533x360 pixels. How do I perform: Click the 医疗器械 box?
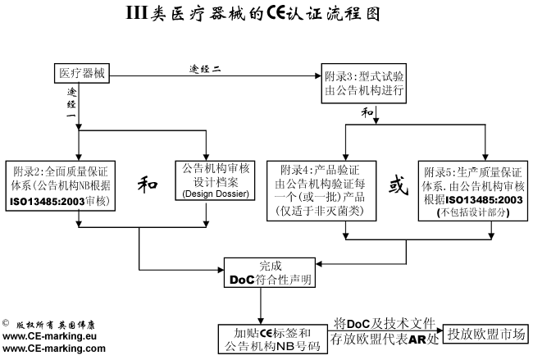click(83, 73)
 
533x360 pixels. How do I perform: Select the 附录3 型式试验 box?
click(364, 83)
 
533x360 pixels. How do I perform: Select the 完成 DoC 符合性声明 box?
click(270, 274)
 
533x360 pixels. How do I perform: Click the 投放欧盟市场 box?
click(484, 335)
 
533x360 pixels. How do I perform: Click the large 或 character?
click(397, 185)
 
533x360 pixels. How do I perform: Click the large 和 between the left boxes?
click(147, 182)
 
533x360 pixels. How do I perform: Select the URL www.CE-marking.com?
click(48, 348)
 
